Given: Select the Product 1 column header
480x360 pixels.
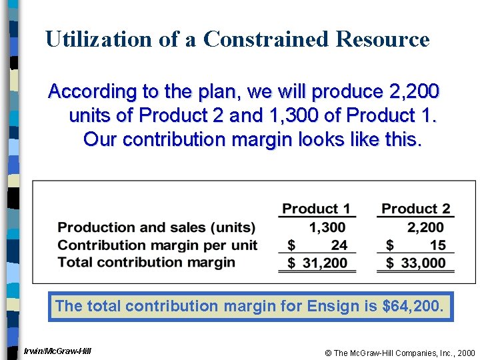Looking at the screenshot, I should click(316, 209).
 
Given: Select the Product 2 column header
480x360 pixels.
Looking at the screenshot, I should click(416, 209).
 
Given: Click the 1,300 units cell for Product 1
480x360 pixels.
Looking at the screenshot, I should click(327, 227).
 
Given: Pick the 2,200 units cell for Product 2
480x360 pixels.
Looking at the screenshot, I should click(425, 227).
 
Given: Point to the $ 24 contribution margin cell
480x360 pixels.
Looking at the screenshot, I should click(317, 245).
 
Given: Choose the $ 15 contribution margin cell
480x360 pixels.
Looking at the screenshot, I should click(416, 245).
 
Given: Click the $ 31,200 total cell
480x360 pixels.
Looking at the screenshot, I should click(317, 263).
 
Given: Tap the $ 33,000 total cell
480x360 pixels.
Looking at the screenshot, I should click(416, 263).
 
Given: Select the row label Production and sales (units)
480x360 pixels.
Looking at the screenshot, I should click(157, 227).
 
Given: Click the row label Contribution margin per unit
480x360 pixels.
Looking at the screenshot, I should click(157, 245).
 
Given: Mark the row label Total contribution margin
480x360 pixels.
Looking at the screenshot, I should click(146, 262).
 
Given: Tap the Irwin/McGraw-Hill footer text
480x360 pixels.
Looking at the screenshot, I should click(57, 351).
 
